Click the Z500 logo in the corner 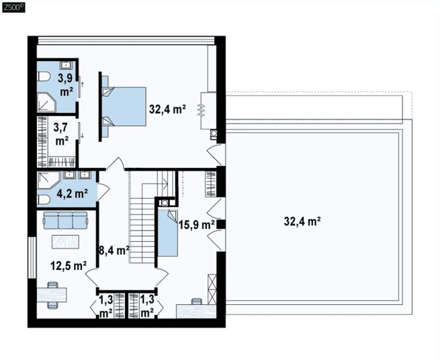pyautogui.click(x=13, y=7)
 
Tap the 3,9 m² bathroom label pyautogui.click(x=66, y=85)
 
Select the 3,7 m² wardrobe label pyautogui.click(x=62, y=134)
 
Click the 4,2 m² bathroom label pyautogui.click(x=72, y=193)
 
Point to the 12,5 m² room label pyautogui.click(x=69, y=265)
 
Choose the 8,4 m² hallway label pyautogui.click(x=114, y=250)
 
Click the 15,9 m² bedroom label pyautogui.click(x=197, y=224)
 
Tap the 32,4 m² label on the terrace pyautogui.click(x=302, y=222)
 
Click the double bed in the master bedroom pyautogui.click(x=124, y=106)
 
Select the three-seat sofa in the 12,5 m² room pyautogui.click(x=65, y=220)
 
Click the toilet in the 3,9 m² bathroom pyautogui.click(x=43, y=77)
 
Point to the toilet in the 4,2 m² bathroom pyautogui.click(x=44, y=199)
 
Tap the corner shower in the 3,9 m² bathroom pyautogui.click(x=46, y=102)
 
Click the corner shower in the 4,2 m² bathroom pyautogui.click(x=48, y=180)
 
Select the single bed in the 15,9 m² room pyautogui.click(x=168, y=233)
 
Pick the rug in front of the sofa pyautogui.click(x=65, y=242)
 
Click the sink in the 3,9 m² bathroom pyautogui.click(x=66, y=65)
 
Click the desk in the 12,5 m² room pyautogui.click(x=52, y=295)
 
